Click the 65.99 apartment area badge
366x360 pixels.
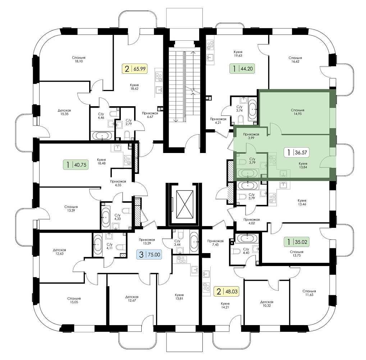(x=135, y=69)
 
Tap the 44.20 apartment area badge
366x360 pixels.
(x=242, y=69)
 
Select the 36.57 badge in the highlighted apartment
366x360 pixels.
(x=297, y=152)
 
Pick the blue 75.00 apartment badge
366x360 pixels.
(x=149, y=254)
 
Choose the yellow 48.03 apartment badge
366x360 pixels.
(x=227, y=292)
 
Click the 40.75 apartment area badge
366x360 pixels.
(x=76, y=165)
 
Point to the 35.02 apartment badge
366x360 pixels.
(x=297, y=242)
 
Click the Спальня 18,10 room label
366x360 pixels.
(x=79, y=59)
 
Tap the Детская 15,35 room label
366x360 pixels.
(x=64, y=112)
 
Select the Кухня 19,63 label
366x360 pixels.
(x=238, y=54)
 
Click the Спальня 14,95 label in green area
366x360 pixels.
(x=298, y=112)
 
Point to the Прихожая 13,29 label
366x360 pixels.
(x=147, y=241)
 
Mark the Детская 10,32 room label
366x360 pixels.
(x=266, y=304)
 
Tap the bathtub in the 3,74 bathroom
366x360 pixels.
(x=252, y=109)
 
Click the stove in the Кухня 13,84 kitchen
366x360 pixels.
(x=273, y=160)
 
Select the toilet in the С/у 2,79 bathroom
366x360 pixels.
(x=127, y=135)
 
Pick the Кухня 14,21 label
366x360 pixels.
(x=225, y=305)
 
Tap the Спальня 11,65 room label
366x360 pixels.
(x=309, y=293)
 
